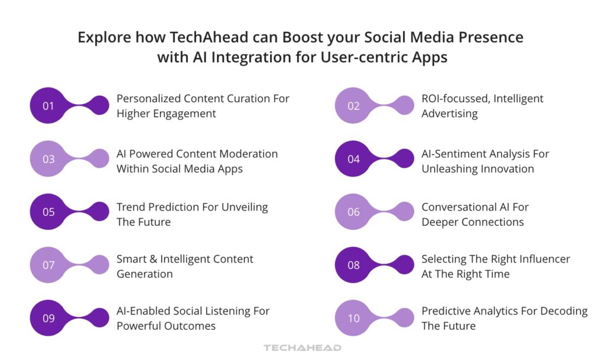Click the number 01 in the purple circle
48,106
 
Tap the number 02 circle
353,106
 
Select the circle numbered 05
48,212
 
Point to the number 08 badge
353,265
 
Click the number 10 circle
353,318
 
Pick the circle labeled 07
48,265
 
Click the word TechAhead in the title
186,37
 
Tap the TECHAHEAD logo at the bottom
302,348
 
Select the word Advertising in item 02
449,113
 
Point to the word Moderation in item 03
248,154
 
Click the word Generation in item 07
145,274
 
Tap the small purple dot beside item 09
99,318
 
